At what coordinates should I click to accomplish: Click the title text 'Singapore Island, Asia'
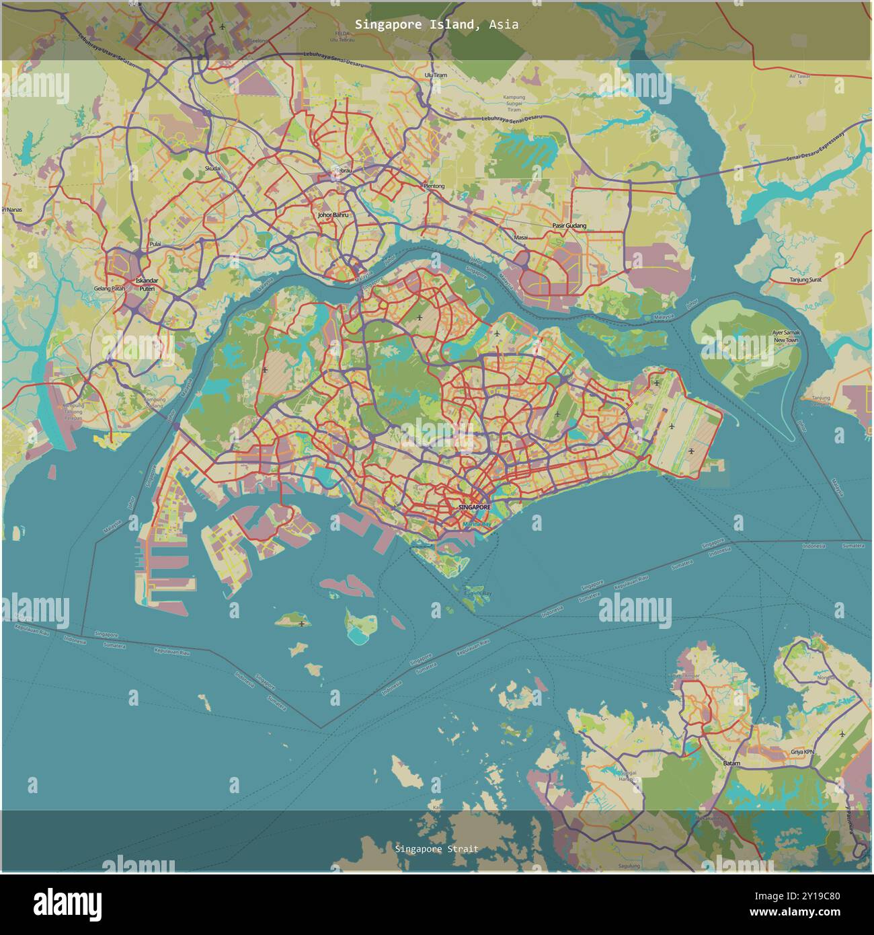pyautogui.click(x=437, y=25)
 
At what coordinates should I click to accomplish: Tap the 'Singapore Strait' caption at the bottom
pyautogui.click(x=437, y=849)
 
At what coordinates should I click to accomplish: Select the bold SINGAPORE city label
pyautogui.click(x=475, y=507)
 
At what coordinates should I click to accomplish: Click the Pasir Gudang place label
pyautogui.click(x=569, y=226)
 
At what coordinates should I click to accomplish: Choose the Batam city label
pyautogui.click(x=731, y=763)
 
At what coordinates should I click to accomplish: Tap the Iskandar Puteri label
pyautogui.click(x=147, y=284)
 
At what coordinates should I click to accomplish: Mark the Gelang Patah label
pyautogui.click(x=110, y=289)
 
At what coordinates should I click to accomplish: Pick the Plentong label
pyautogui.click(x=433, y=186)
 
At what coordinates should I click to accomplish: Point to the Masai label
pyautogui.click(x=521, y=237)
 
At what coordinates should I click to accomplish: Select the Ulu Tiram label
pyautogui.click(x=436, y=75)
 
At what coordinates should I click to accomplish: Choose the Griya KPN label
pyautogui.click(x=802, y=753)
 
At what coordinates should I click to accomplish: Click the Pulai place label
pyautogui.click(x=155, y=244)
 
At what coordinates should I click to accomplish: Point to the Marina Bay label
pyautogui.click(x=477, y=523)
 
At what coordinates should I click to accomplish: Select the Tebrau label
pyautogui.click(x=344, y=171)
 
